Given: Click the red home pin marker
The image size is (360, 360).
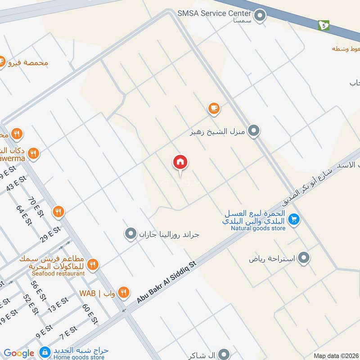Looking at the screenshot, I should pos(180,162).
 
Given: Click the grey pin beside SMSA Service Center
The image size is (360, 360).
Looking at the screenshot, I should pos(260,17).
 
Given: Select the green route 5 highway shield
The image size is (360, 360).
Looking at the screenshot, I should pos(323,25).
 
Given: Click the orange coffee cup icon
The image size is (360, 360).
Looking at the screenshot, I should pos(214,108).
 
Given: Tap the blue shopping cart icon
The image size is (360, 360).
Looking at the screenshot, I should pos(294,219).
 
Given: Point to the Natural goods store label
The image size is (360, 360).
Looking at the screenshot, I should pos(258,228).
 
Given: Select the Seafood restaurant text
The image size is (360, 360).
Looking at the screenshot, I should pos(58,273).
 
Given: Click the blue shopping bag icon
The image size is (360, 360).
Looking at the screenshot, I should pos(45,351).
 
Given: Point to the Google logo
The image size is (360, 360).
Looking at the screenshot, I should pos(19,353).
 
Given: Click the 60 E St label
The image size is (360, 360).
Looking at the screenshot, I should pos(90,314).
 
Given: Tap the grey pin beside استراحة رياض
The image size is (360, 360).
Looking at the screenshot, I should pos(304,258).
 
